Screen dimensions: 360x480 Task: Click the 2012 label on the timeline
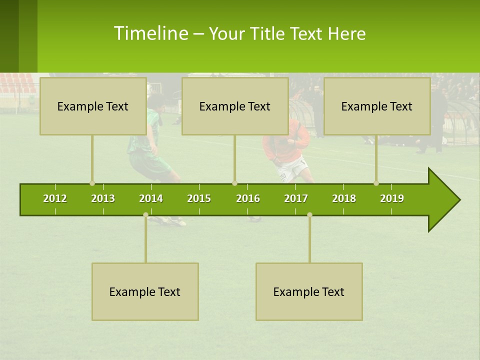coord(55,198)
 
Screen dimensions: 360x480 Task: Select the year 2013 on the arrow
coord(103,198)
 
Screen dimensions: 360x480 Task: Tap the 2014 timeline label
coord(151,198)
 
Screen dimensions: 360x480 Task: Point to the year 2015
coord(199,198)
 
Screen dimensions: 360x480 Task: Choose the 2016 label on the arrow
coord(248,198)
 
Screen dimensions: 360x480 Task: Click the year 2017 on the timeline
coord(296,198)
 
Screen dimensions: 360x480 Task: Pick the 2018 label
coord(344,198)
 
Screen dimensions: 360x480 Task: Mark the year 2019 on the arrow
coord(392,198)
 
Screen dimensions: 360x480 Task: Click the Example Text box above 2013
coord(93,106)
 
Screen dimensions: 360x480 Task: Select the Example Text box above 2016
coord(235,106)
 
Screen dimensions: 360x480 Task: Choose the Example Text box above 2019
coord(377,106)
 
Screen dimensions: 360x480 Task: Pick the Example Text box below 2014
coord(145,291)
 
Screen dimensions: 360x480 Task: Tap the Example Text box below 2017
coord(309,291)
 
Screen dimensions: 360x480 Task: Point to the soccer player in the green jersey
coord(150,145)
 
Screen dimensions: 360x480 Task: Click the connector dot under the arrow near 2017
coord(309,215)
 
